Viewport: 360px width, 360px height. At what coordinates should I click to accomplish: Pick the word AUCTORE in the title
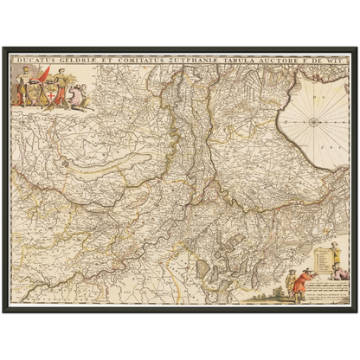click(283, 61)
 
